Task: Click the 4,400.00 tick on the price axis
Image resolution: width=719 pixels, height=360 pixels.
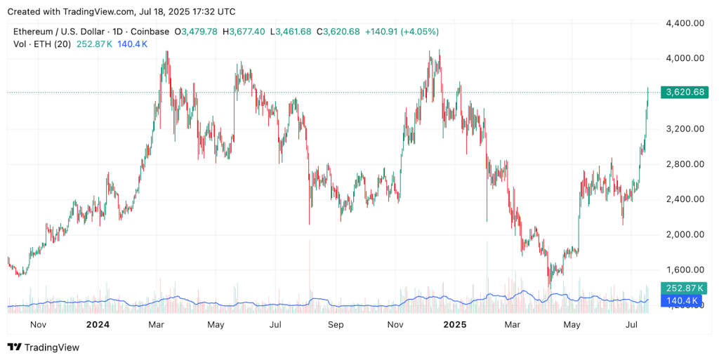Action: (x=685, y=23)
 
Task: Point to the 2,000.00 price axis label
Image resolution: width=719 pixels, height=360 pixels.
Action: (x=685, y=234)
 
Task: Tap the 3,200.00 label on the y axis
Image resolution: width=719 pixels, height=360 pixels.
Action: (x=685, y=129)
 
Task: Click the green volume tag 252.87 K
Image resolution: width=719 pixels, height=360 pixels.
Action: (x=683, y=288)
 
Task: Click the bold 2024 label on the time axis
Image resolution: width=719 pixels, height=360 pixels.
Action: (x=97, y=325)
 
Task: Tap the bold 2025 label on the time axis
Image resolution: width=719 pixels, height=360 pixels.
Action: (x=455, y=325)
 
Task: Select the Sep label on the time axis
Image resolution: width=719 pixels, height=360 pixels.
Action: (x=336, y=325)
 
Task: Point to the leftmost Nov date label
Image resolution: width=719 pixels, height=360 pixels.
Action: (x=38, y=325)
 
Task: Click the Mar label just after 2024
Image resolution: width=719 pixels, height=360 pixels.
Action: (x=156, y=325)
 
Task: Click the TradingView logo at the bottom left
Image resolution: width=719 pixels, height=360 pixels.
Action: (x=44, y=347)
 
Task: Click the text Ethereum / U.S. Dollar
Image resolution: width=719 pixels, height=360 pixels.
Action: (x=58, y=32)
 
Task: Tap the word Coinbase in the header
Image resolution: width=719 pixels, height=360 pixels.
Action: (x=150, y=32)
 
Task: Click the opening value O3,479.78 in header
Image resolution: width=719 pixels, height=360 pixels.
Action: (x=196, y=32)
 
